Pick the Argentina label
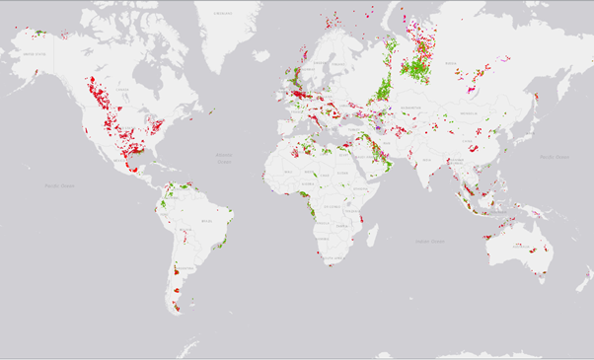tap(181, 279)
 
